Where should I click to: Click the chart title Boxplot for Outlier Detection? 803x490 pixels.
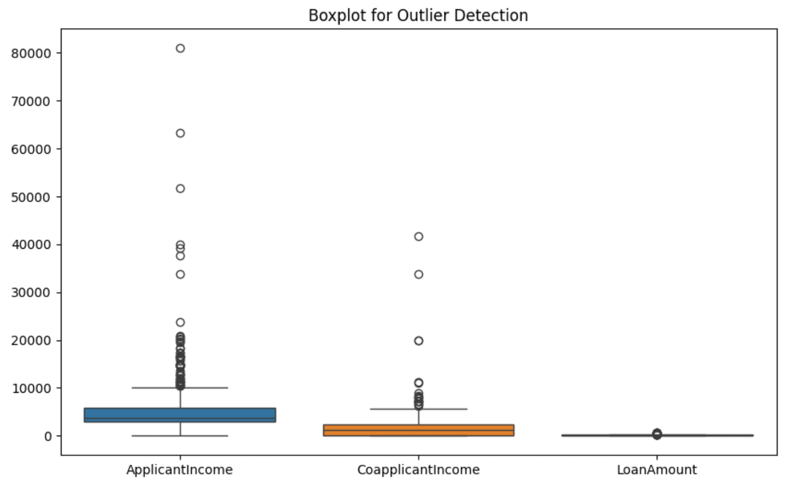click(x=418, y=15)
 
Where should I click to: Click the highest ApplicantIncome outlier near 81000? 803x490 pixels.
click(x=180, y=48)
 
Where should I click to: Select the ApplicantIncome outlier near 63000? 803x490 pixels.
click(x=180, y=133)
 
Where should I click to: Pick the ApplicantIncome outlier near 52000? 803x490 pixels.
click(x=180, y=189)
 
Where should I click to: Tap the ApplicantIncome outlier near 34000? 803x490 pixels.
click(x=180, y=274)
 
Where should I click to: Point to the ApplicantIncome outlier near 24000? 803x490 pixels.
click(x=180, y=322)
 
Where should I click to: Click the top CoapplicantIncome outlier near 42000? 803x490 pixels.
click(x=418, y=236)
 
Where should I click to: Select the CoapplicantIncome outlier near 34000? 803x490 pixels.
click(x=418, y=274)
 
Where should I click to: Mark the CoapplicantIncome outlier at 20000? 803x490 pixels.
click(x=418, y=341)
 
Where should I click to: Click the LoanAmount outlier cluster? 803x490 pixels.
click(x=657, y=434)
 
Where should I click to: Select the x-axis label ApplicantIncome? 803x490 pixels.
click(x=179, y=470)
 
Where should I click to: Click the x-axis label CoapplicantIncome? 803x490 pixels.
click(x=418, y=470)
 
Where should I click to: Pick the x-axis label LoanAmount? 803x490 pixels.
click(x=656, y=470)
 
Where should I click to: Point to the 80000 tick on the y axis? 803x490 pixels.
click(x=31, y=53)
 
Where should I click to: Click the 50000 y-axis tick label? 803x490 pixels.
click(x=31, y=197)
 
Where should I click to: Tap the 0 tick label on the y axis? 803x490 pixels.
click(x=48, y=436)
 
